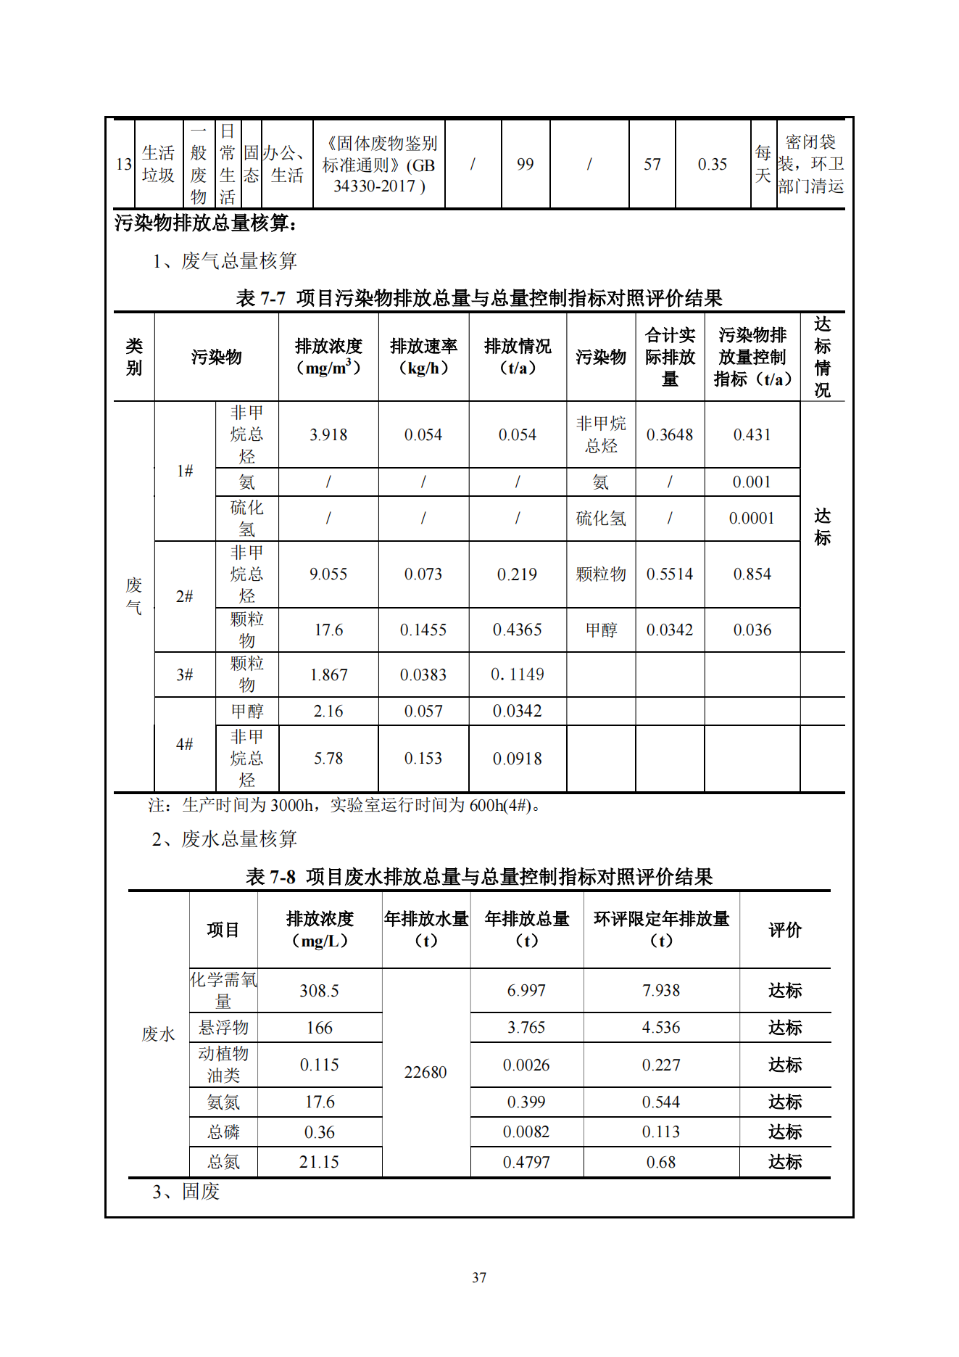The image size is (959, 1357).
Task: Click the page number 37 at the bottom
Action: (x=479, y=1277)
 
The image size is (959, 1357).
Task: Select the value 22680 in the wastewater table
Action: (x=425, y=1072)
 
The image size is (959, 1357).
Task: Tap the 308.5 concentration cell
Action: (x=319, y=991)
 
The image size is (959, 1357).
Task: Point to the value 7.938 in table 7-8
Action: (x=661, y=990)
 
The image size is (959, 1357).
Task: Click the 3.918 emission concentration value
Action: (x=328, y=434)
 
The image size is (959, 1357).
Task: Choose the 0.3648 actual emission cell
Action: (x=670, y=434)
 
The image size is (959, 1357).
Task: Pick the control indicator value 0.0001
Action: (x=752, y=518)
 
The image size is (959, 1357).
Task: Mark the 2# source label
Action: (x=185, y=596)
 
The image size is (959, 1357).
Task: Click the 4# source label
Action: (x=185, y=744)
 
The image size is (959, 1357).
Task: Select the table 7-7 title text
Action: (x=479, y=298)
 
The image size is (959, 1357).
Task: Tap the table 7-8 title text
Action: (x=479, y=877)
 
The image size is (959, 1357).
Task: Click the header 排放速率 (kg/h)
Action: (x=423, y=357)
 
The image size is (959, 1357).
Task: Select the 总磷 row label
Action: (x=223, y=1132)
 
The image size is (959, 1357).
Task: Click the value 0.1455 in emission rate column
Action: (x=423, y=630)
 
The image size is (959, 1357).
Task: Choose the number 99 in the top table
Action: (x=525, y=165)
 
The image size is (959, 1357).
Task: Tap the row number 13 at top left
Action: (x=124, y=165)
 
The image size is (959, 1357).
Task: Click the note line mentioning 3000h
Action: (x=345, y=805)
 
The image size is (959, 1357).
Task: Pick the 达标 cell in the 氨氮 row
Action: (x=785, y=1102)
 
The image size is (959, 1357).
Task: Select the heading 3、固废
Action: (x=186, y=1192)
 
